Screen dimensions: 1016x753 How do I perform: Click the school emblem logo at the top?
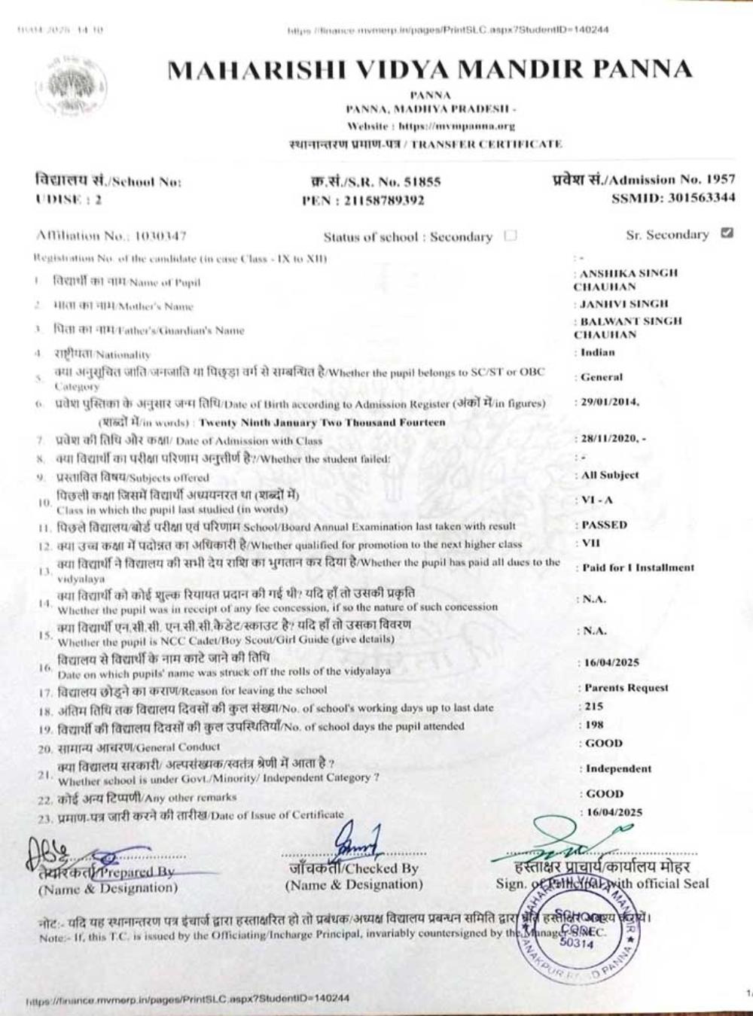(73, 84)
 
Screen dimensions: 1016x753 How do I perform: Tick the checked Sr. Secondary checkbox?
(726, 233)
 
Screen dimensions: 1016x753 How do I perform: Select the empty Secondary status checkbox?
(511, 236)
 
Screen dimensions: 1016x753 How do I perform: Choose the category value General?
(602, 377)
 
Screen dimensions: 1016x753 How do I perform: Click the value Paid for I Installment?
(638, 567)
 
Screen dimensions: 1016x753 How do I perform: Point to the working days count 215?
(596, 707)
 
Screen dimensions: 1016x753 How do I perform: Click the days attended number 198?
(596, 725)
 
